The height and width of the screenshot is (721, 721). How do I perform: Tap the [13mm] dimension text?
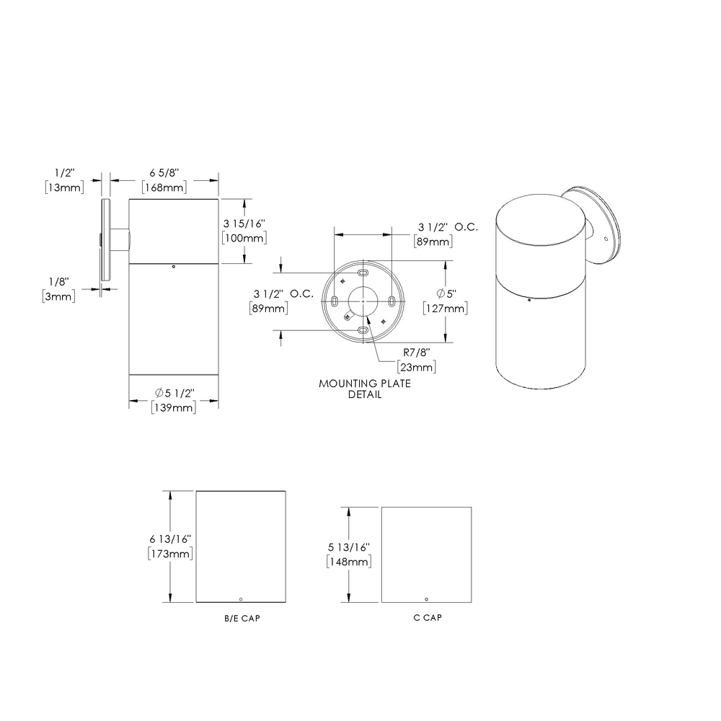click(63, 187)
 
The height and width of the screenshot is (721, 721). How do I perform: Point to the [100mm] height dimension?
click(245, 238)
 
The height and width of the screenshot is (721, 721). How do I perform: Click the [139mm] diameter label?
click(174, 407)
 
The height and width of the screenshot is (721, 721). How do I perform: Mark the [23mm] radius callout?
click(417, 367)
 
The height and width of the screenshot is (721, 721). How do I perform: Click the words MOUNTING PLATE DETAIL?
click(365, 389)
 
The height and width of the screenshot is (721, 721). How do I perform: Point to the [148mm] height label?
click(349, 561)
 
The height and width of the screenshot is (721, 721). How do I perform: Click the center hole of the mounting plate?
click(362, 301)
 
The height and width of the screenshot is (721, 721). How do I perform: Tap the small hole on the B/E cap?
click(241, 598)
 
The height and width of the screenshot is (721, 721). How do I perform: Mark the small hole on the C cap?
click(426, 599)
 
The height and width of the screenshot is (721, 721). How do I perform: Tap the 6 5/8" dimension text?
click(164, 174)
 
